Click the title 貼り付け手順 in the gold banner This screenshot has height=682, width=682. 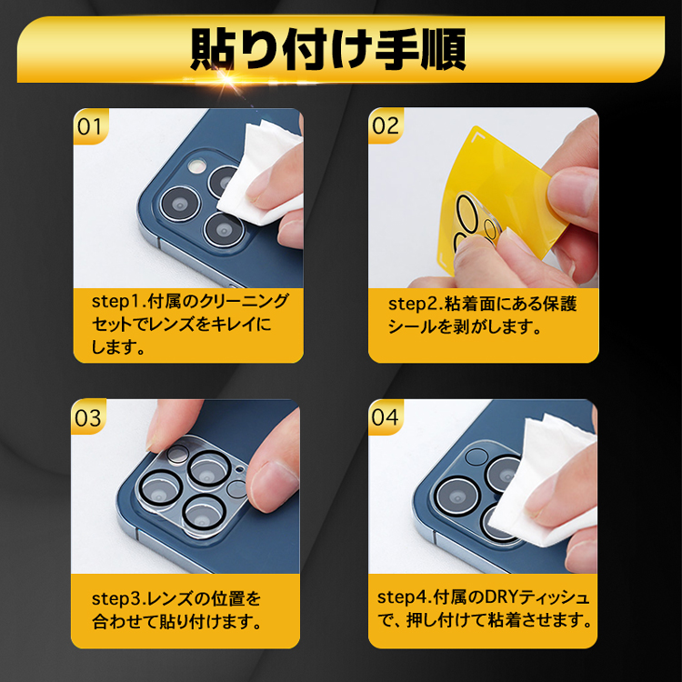tap(328, 49)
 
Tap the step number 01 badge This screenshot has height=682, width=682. tap(90, 126)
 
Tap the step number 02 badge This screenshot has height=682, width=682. tap(386, 125)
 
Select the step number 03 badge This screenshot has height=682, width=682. tap(88, 416)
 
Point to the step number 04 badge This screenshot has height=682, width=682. tap(386, 416)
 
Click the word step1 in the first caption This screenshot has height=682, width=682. tap(116, 302)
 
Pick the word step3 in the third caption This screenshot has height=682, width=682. tap(116, 599)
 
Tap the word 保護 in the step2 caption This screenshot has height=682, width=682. tap(560, 304)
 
